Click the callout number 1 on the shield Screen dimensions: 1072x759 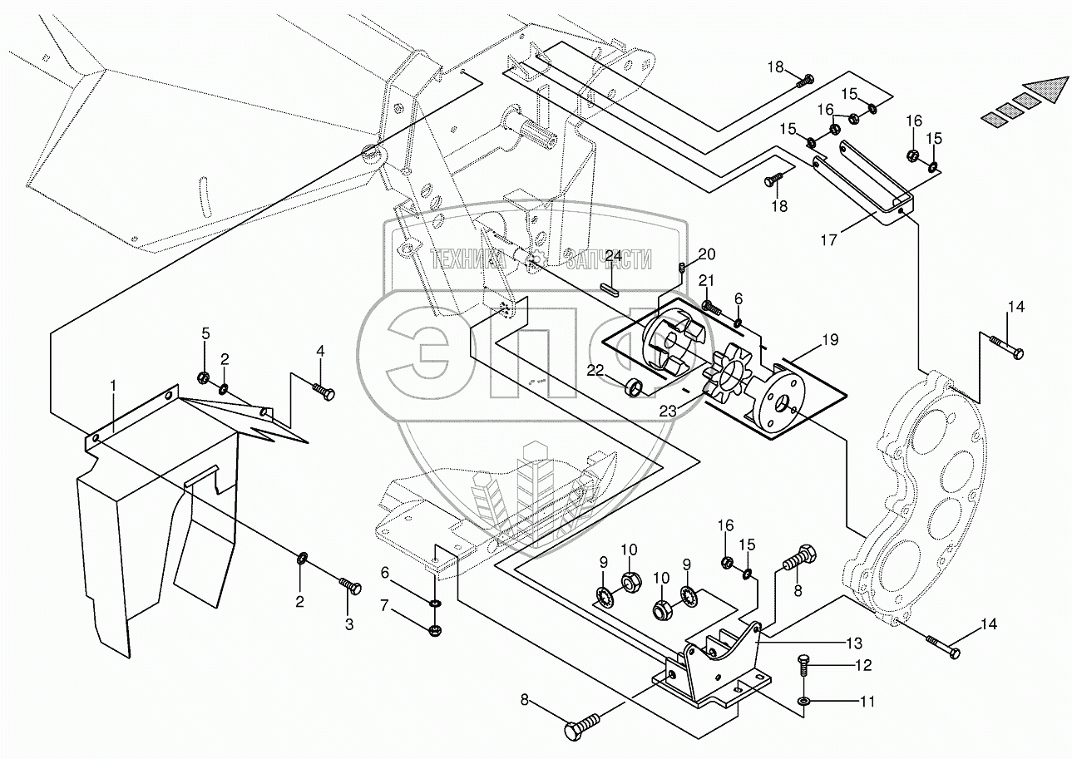tap(113, 386)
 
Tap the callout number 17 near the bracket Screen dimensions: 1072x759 tap(828, 239)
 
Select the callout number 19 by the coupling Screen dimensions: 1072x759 tap(831, 340)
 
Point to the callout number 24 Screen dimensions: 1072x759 tap(614, 256)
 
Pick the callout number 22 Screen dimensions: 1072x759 tap(595, 370)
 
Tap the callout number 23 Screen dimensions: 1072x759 tap(669, 411)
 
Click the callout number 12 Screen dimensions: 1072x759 tap(863, 665)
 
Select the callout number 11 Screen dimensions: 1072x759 tap(867, 702)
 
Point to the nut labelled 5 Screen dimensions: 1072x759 tap(203, 377)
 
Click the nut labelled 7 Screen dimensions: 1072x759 tap(435, 631)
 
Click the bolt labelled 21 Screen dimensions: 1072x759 tap(712, 306)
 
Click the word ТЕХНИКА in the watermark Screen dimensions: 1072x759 tap(467, 260)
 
